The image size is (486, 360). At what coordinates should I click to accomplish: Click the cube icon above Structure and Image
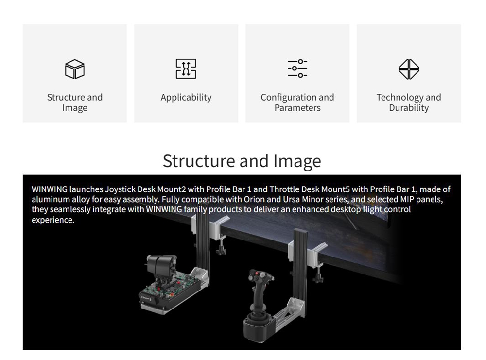point(75,69)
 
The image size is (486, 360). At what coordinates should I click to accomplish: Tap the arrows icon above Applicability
point(186,69)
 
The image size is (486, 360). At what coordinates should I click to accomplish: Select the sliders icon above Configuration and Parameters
point(297,69)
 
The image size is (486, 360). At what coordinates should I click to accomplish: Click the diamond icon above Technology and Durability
point(409,69)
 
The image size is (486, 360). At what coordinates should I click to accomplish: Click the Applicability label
point(186,97)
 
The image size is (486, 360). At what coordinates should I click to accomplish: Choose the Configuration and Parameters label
point(297,103)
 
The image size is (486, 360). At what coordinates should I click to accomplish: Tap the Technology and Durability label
point(409,103)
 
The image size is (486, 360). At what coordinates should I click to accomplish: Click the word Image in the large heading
point(296,161)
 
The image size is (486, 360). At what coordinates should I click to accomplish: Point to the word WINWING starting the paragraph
point(49,189)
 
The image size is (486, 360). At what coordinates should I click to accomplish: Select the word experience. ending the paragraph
point(53,220)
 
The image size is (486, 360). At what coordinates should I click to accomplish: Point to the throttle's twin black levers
point(161,266)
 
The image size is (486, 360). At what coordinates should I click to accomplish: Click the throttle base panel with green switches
point(170,291)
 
